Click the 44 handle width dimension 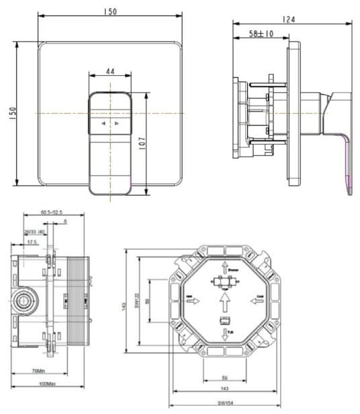click(x=109, y=71)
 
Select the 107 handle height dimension click(x=142, y=143)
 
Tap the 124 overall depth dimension click(x=289, y=19)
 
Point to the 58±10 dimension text click(x=261, y=33)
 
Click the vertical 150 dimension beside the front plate click(x=11, y=114)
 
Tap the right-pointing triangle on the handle click(x=116, y=124)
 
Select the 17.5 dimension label click(x=32, y=242)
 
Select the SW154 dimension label click(x=224, y=404)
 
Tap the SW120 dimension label click(x=136, y=299)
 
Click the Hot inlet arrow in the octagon click(x=191, y=300)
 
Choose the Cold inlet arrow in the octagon click(x=261, y=300)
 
